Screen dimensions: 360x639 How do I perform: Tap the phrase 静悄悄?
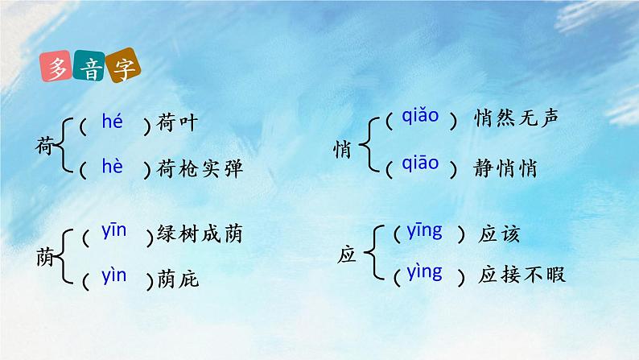coord(504,168)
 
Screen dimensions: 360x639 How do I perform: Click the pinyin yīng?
coord(424,232)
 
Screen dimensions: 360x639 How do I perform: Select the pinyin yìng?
coord(424,271)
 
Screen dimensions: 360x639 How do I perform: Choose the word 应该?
coord(499,234)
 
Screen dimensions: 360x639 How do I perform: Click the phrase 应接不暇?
coord(522,275)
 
